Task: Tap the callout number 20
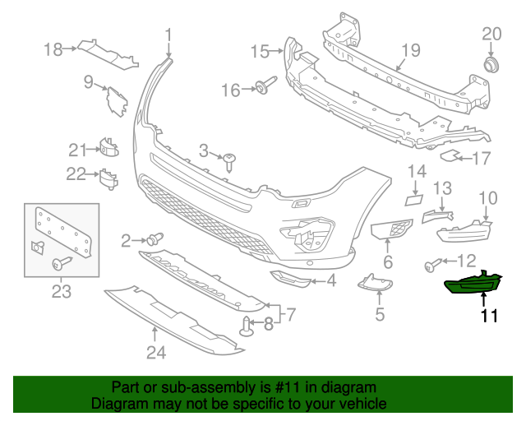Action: tap(491, 34)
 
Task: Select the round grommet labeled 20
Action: tap(491, 64)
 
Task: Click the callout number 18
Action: tap(53, 50)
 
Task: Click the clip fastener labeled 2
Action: tap(154, 239)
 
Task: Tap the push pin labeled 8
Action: tap(248, 326)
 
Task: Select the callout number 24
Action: tap(156, 353)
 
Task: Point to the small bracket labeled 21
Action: tap(108, 147)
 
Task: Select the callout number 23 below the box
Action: tap(62, 291)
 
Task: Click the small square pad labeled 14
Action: tap(413, 197)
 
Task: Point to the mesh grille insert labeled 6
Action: tap(390, 231)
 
